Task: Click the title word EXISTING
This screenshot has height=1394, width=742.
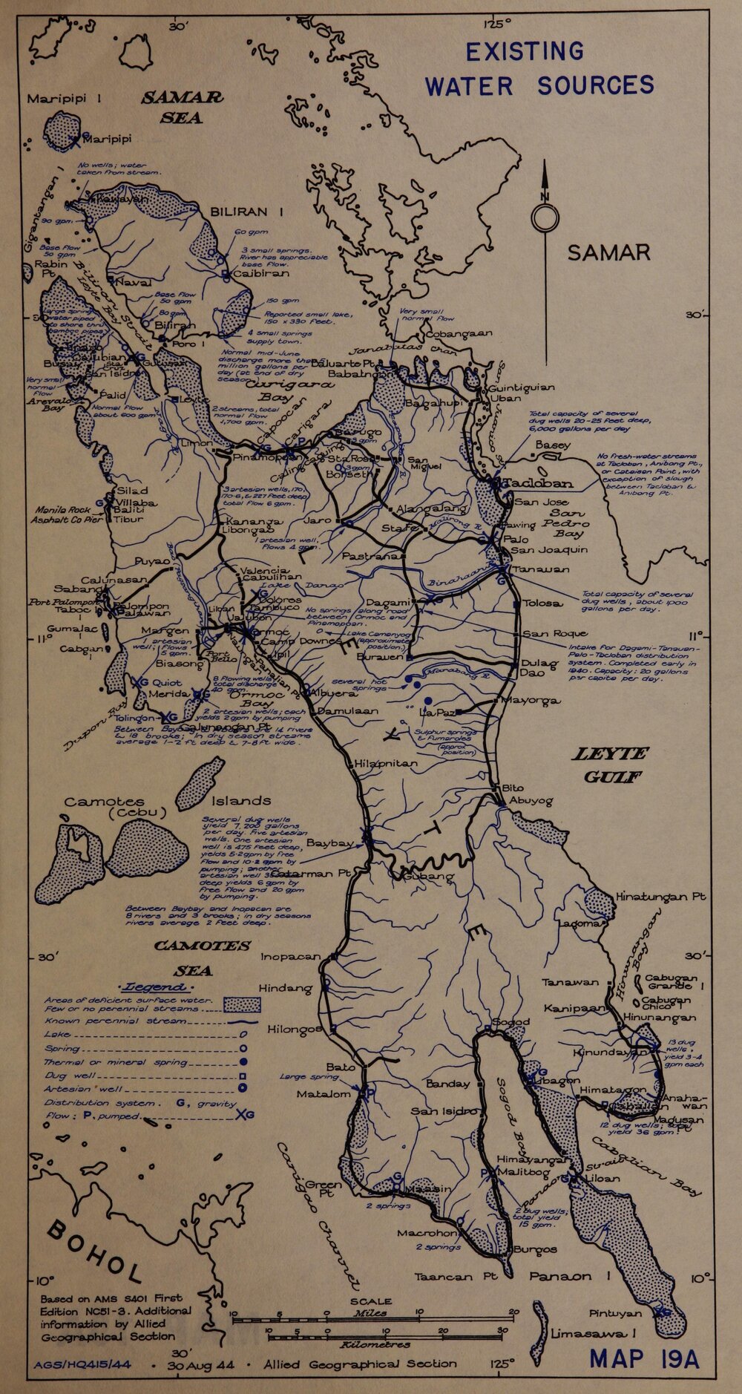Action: click(525, 52)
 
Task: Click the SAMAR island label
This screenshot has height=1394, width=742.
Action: click(608, 253)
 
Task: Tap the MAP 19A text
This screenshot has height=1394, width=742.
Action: click(644, 1358)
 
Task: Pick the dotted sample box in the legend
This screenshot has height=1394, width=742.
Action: click(243, 1005)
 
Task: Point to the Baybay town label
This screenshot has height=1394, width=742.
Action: click(329, 843)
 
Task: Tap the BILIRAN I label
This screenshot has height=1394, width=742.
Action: click(247, 212)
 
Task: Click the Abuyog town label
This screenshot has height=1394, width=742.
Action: click(531, 801)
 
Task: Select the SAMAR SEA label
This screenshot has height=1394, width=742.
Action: click(182, 107)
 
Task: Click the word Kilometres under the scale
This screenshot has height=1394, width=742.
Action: click(375, 1344)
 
